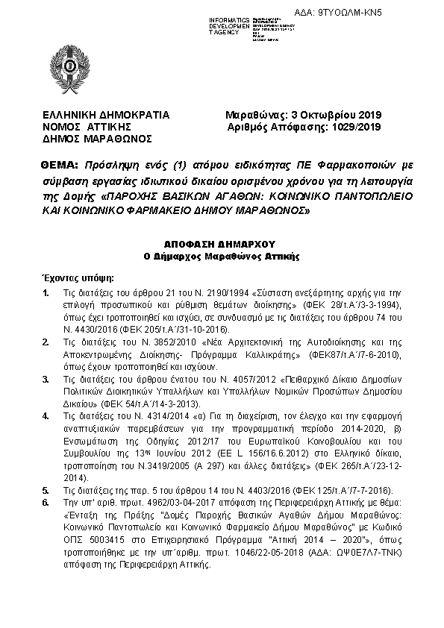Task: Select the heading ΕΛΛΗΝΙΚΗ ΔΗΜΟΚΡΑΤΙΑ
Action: click(105, 116)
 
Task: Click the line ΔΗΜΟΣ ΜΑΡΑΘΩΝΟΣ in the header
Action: click(96, 139)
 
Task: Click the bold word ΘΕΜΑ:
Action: click(61, 163)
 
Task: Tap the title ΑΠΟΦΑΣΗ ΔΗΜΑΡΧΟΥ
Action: click(221, 244)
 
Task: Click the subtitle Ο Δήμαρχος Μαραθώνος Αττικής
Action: click(221, 256)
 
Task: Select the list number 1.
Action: click(46, 292)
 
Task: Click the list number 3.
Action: click(46, 380)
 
